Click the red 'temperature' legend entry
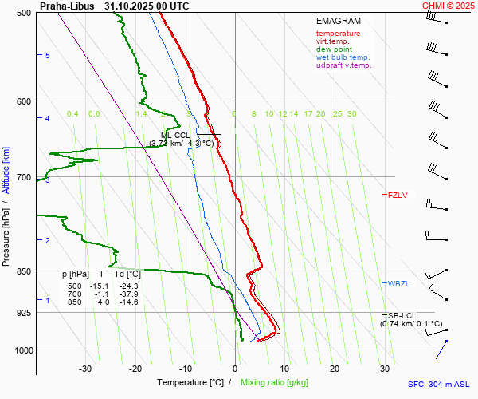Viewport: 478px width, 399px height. (338, 34)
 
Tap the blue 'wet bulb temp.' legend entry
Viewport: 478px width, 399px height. (343, 57)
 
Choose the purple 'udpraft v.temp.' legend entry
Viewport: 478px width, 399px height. (343, 65)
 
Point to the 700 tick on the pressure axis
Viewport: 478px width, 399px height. (22, 177)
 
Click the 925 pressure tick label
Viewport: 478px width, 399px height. (22, 313)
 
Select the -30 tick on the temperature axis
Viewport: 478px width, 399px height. (86, 369)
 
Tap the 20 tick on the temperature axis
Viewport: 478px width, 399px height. (335, 369)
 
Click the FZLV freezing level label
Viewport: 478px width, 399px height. (398, 195)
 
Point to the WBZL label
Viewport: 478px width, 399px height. (398, 283)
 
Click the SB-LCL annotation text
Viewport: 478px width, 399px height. (403, 316)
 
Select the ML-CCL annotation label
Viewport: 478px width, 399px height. (175, 136)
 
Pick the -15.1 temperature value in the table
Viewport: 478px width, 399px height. (99, 286)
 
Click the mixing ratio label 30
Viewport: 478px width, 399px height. (351, 114)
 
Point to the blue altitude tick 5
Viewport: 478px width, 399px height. (48, 55)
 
